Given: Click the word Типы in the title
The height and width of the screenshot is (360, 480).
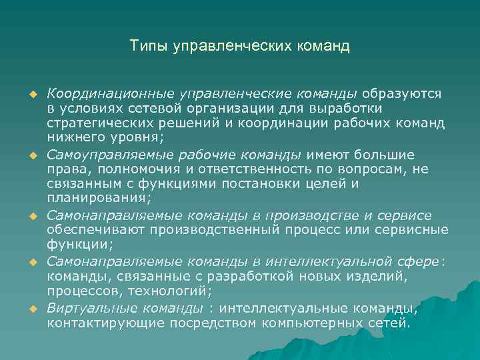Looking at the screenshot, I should click(149, 46).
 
